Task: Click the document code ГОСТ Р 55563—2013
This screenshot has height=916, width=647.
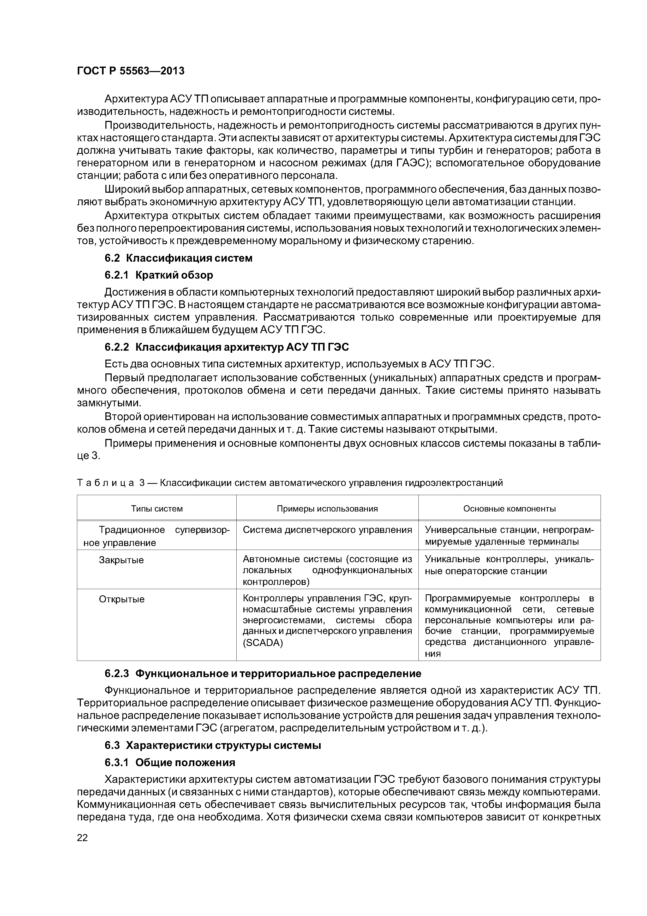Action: pos(130,71)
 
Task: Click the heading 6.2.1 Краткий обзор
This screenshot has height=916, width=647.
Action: pos(159,275)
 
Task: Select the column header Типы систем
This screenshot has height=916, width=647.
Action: pos(157,509)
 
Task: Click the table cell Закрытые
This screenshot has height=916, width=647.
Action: pos(121,560)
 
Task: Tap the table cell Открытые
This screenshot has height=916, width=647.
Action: pos(122,599)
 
